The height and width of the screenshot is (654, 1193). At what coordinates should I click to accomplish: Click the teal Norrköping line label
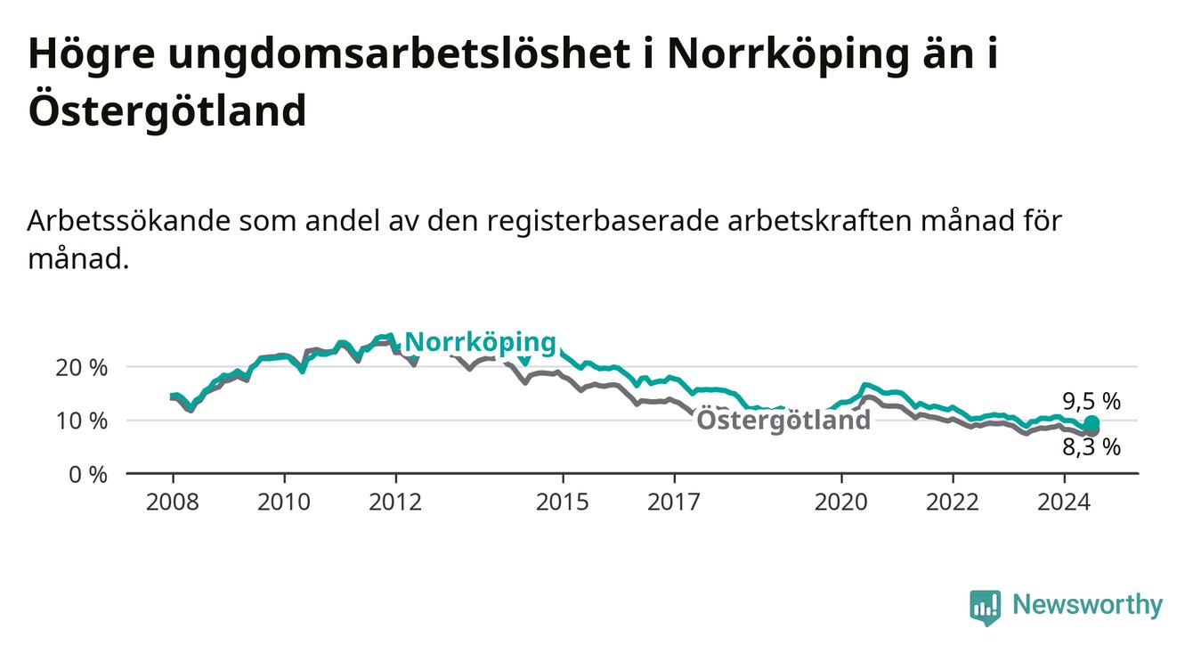pos(481,342)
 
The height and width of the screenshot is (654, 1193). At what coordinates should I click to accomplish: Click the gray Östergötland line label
pos(783,420)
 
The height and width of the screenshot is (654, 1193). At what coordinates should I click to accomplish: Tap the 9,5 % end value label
pos(1092,401)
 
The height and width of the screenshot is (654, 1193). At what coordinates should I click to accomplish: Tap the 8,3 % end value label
pos(1092,447)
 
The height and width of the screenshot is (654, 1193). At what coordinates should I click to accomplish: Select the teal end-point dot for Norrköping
pos(1092,423)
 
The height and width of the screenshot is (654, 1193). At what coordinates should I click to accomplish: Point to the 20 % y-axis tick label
pos(82,368)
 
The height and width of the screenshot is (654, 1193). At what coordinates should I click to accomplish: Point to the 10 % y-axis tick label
pos(82,421)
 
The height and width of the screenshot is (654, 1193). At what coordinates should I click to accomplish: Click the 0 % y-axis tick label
pos(88,474)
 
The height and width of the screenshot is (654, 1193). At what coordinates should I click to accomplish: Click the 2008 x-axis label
pos(172,503)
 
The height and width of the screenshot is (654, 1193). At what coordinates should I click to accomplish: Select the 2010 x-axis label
pos(283,503)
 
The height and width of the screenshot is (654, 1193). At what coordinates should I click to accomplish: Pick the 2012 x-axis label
pos(395,503)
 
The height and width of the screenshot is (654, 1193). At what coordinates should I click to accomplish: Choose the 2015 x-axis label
pos(563,503)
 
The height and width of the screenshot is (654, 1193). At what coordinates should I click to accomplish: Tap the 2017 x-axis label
pos(674,503)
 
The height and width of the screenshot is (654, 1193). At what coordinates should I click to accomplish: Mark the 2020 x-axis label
pos(841,503)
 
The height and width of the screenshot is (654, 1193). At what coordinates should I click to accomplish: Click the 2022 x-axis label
pos(953,503)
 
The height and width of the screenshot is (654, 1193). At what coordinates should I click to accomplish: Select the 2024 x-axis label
pos(1064,503)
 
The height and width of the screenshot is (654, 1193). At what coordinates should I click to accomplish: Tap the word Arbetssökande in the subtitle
pos(128,221)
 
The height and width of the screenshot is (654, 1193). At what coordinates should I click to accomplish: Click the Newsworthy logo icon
pos(986,607)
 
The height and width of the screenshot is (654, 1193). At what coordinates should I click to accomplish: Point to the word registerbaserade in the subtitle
pos(603,222)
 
